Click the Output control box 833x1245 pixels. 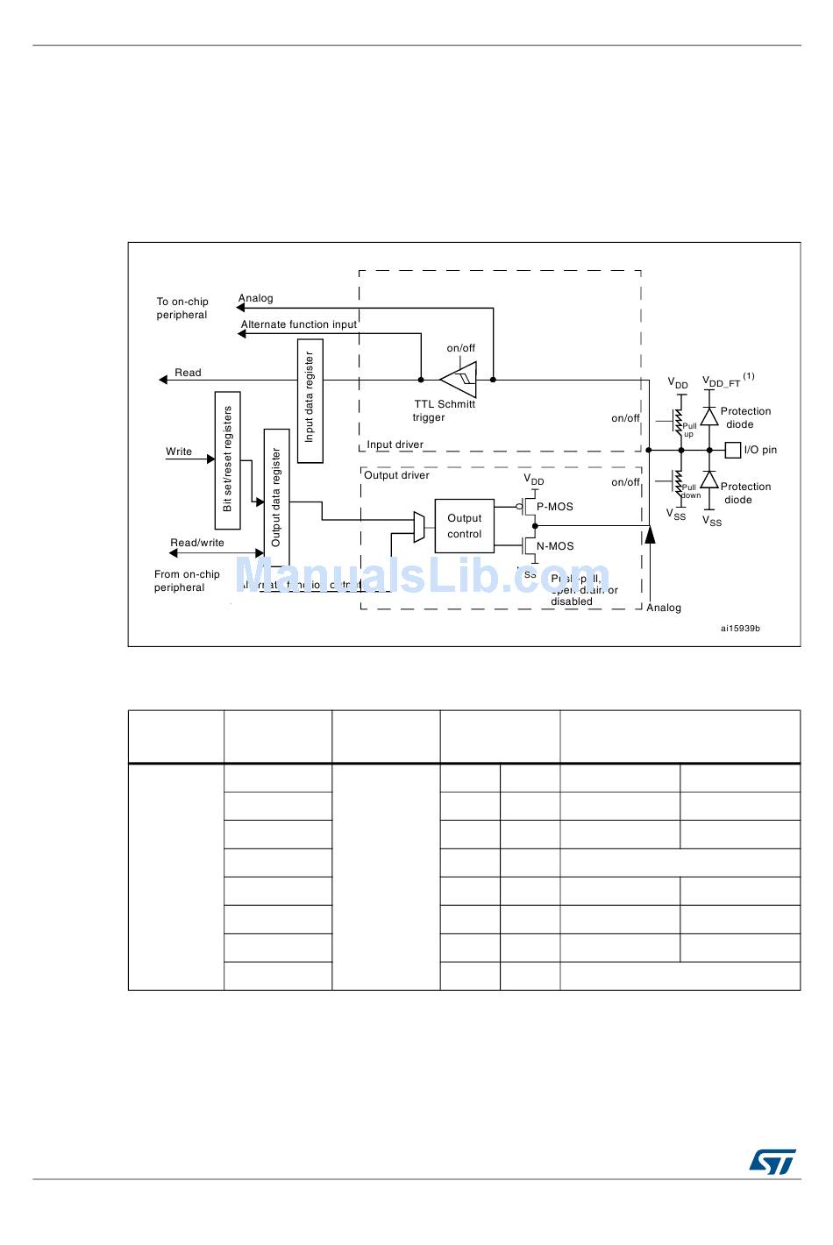tap(464, 526)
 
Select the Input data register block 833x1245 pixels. tap(310, 401)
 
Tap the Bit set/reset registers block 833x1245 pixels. tap(227, 460)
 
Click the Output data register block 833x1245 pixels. tap(276, 497)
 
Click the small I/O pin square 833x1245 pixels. tap(733, 450)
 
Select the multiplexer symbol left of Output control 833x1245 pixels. tap(419, 526)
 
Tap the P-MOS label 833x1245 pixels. tap(555, 507)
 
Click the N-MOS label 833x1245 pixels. tap(555, 546)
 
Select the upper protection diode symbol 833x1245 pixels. tap(709, 416)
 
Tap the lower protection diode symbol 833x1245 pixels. tap(709, 480)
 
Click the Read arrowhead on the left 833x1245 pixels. tap(163, 380)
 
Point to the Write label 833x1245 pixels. tap(179, 452)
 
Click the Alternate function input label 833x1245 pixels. tap(299, 324)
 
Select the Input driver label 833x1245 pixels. tap(395, 445)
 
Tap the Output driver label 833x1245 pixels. tap(396, 475)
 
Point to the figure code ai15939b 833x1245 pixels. tap(740, 628)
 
